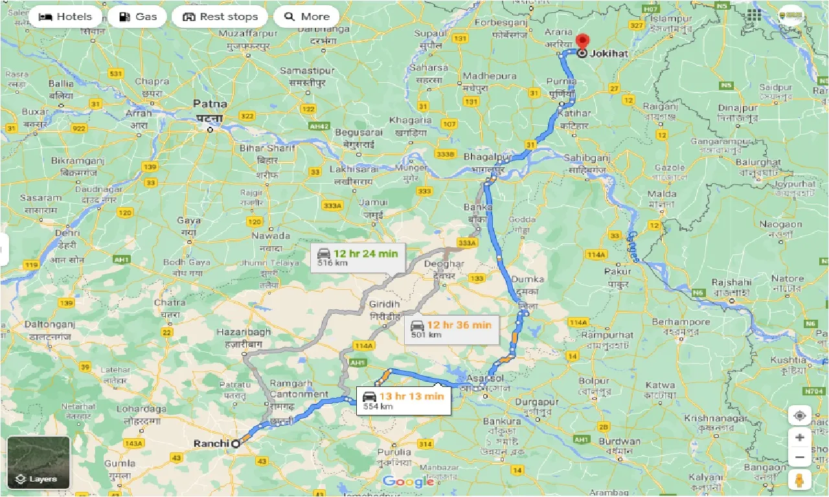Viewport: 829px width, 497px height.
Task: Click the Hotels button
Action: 65,17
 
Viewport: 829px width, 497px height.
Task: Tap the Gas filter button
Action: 137,17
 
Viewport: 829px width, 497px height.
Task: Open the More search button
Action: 306,17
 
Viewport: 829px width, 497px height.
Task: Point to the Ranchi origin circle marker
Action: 236,443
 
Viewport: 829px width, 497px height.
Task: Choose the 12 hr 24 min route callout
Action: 358,258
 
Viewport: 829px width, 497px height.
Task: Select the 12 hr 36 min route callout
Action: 451,329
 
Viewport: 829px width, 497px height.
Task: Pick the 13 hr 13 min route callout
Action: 403,400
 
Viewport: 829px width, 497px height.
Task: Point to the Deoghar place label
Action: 444,264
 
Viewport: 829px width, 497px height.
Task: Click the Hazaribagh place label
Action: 244,331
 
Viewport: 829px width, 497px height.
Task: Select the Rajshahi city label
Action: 731,283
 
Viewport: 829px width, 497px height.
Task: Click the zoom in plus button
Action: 799,437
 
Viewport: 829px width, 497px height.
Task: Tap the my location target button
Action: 799,415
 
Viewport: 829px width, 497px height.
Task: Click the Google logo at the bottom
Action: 408,481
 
